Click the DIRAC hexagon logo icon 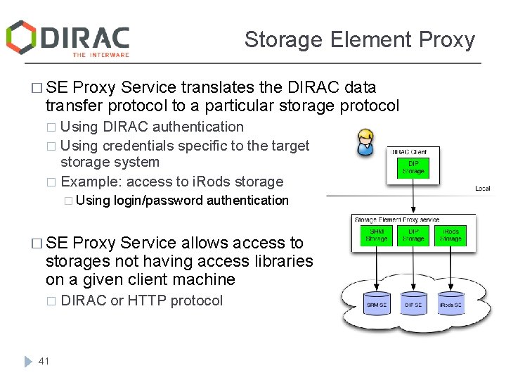21,37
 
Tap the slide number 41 44,361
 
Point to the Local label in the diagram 483,188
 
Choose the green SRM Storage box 376,236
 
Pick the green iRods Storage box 450,236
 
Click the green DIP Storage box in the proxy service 413,236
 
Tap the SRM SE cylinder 376,303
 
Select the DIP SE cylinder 413,303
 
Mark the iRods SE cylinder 450,303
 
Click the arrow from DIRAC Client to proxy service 413,201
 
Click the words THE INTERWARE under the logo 100,54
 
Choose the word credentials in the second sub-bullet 143,146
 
